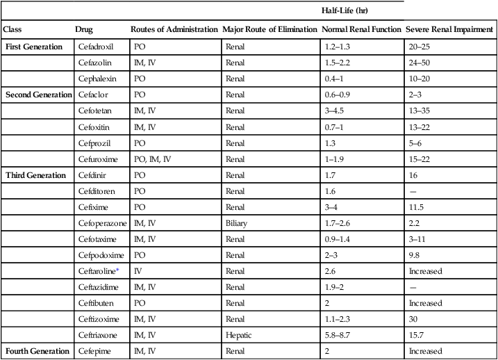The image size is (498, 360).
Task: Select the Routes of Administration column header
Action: click(x=174, y=30)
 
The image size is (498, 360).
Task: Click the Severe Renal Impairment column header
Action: click(x=451, y=30)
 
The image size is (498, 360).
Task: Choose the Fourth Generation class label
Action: click(x=38, y=351)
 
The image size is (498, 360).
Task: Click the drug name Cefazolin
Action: click(x=93, y=63)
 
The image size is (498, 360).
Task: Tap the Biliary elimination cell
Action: click(x=236, y=223)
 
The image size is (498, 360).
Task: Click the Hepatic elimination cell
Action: click(x=237, y=335)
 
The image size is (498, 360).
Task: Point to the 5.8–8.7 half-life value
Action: click(x=338, y=335)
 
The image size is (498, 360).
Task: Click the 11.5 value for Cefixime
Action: click(x=416, y=207)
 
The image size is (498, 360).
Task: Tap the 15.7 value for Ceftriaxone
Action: click(x=416, y=335)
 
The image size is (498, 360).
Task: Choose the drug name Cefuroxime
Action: click(x=96, y=159)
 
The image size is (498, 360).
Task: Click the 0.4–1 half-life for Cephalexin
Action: click(x=335, y=79)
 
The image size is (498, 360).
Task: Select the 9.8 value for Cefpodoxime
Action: click(x=414, y=255)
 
